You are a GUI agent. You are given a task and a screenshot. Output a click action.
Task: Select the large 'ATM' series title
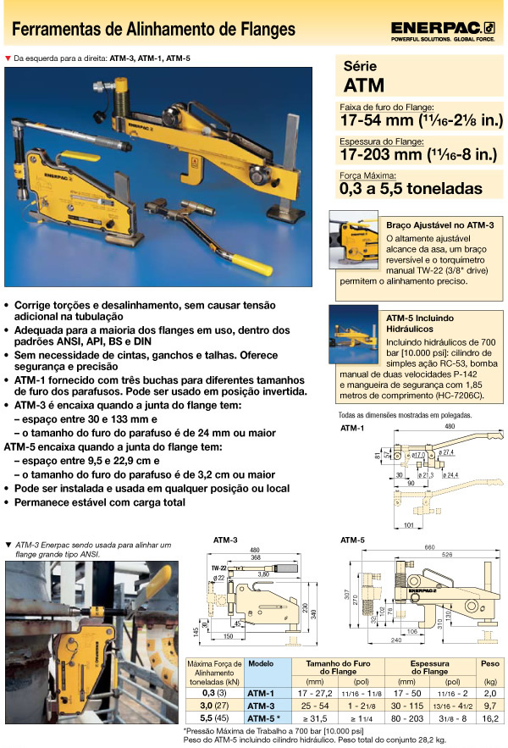[364, 85]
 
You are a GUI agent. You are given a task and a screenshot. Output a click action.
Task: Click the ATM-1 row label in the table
[260, 692]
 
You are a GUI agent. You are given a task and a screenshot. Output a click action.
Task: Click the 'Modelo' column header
[260, 665]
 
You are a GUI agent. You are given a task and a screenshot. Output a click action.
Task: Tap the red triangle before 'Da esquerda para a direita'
[8, 58]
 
